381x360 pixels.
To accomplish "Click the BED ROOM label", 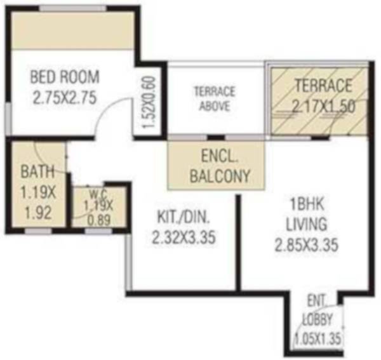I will [65, 77].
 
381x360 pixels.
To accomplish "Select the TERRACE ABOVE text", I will [215, 98].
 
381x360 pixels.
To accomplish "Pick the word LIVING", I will [305, 224].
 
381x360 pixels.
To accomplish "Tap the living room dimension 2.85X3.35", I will [305, 244].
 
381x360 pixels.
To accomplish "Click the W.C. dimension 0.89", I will [98, 216].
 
